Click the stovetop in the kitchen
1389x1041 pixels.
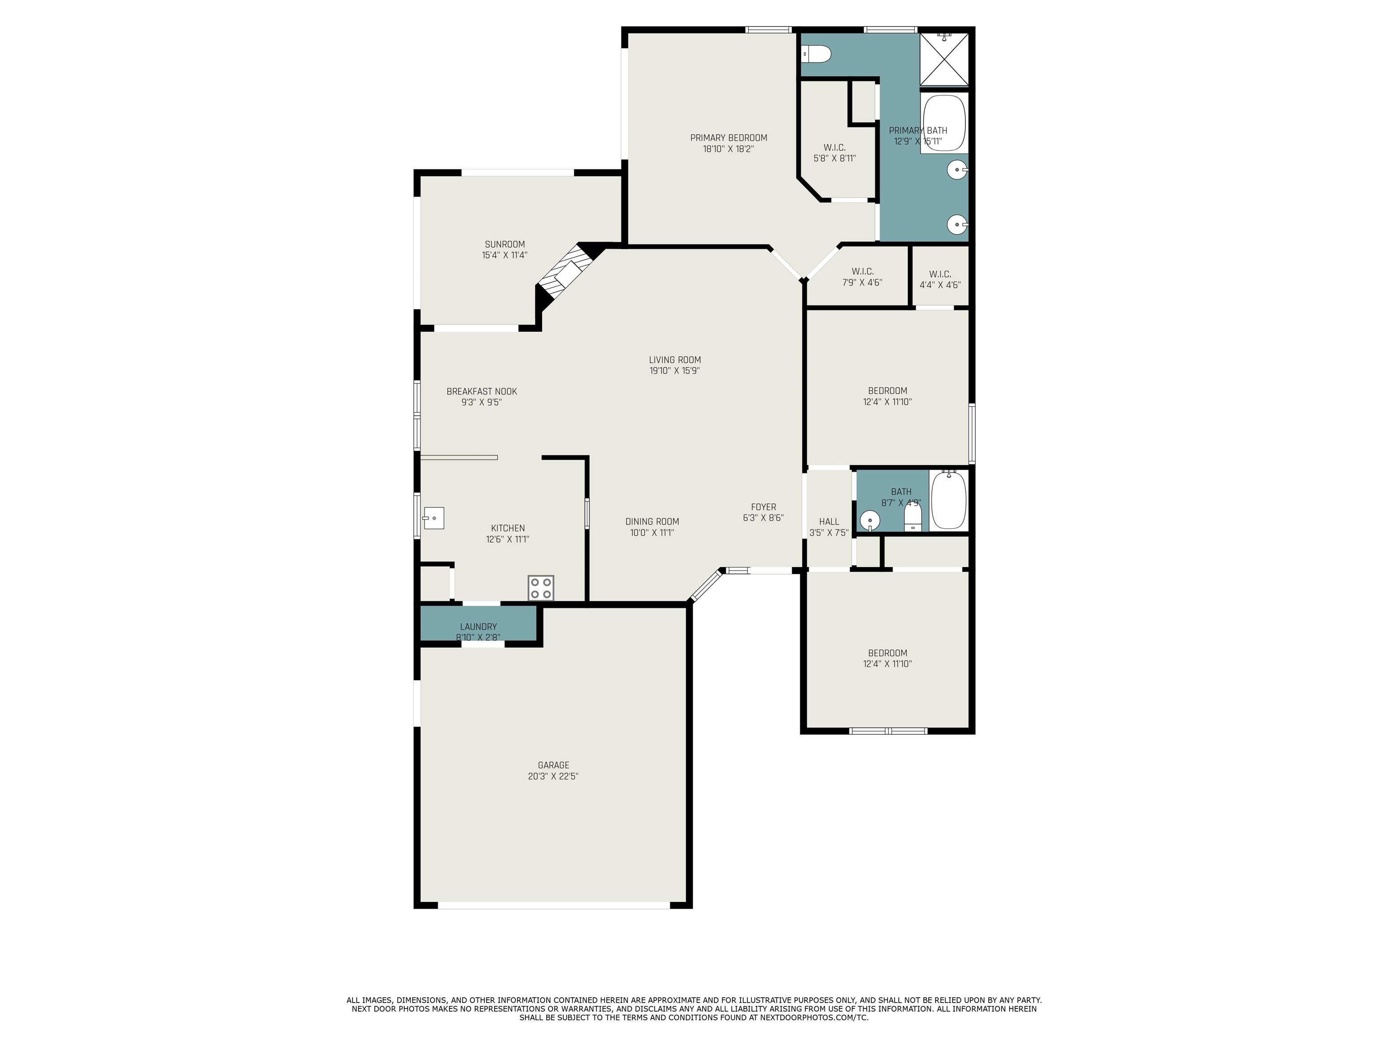(x=541, y=587)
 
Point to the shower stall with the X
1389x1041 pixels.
(x=945, y=59)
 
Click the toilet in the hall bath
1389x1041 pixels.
(x=912, y=516)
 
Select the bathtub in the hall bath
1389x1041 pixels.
(x=948, y=500)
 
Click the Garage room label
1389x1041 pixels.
(x=553, y=765)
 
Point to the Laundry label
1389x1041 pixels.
(x=478, y=626)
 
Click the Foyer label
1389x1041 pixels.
(x=764, y=507)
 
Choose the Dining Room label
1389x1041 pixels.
(x=652, y=521)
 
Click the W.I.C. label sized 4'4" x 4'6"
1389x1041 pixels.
(x=940, y=279)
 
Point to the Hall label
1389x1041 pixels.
(x=829, y=521)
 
